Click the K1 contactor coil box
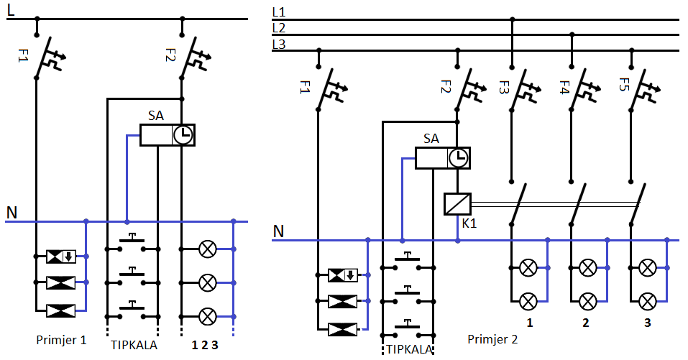point(458,204)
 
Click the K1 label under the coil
point(469,223)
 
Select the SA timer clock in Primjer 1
point(183,135)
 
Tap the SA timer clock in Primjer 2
point(459,158)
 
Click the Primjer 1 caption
point(61,340)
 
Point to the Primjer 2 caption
point(492,339)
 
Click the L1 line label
point(279,12)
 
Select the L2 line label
point(279,28)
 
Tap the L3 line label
point(279,44)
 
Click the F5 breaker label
point(623,84)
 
